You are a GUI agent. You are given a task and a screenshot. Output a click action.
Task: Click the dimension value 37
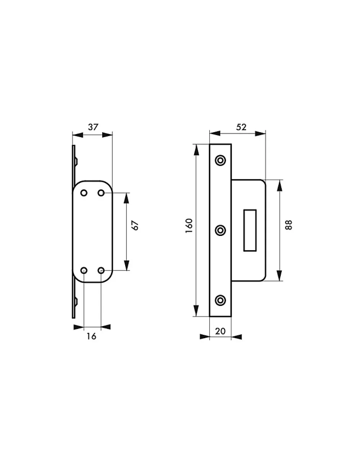coord(93,127)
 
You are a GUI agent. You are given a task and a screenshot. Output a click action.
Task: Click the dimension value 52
coord(241,127)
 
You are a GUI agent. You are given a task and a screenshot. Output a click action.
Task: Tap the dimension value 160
coord(189,226)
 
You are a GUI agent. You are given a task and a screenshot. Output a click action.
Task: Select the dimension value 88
coord(288,225)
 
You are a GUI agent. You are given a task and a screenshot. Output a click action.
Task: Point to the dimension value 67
coord(136,226)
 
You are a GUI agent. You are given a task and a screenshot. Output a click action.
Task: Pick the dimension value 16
coord(91,336)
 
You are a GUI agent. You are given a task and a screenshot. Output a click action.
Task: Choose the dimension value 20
coord(220,331)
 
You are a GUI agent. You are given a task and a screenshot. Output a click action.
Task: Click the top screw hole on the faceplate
coord(221,160)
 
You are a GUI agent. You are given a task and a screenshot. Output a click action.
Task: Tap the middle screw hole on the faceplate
coord(221,231)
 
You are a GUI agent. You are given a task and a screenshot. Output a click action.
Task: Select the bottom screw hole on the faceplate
coord(221,300)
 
